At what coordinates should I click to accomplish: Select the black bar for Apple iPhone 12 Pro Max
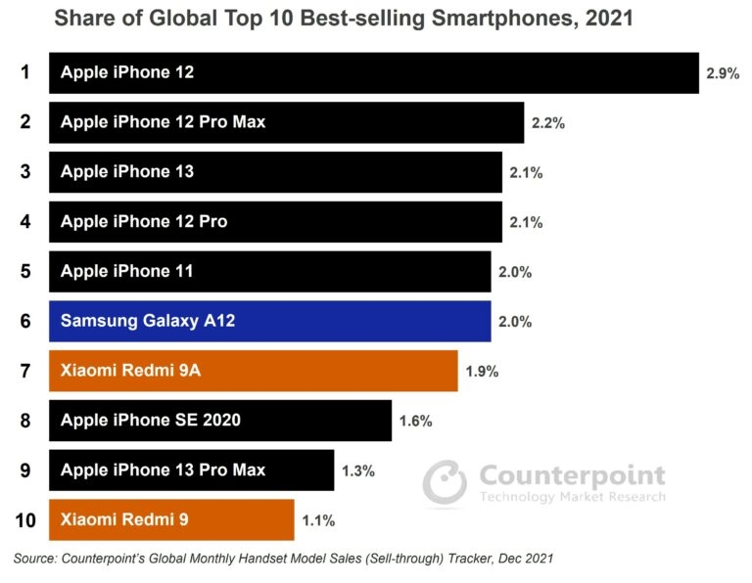(x=286, y=122)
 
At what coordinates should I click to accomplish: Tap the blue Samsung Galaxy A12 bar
(x=269, y=321)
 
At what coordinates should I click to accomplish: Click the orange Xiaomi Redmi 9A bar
(x=253, y=371)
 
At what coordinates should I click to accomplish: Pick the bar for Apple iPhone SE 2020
(x=220, y=421)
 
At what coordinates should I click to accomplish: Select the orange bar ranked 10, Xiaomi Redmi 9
(x=171, y=519)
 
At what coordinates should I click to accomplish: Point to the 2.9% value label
(x=723, y=73)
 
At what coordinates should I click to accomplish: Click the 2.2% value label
(x=548, y=123)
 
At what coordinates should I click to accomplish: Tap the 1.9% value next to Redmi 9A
(x=482, y=372)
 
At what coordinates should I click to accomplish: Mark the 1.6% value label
(x=416, y=422)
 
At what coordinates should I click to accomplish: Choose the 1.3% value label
(x=357, y=471)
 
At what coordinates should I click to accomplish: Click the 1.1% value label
(x=318, y=520)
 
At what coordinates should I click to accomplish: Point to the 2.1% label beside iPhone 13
(x=526, y=173)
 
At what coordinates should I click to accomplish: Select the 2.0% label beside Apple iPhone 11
(x=515, y=273)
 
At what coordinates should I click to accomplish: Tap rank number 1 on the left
(x=25, y=72)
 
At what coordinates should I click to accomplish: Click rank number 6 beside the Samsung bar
(x=25, y=321)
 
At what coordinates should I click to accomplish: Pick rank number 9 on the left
(x=25, y=471)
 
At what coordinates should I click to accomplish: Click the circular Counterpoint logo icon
(x=446, y=481)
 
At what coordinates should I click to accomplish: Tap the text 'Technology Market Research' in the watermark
(x=572, y=497)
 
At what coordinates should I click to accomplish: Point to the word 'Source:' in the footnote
(x=35, y=559)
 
